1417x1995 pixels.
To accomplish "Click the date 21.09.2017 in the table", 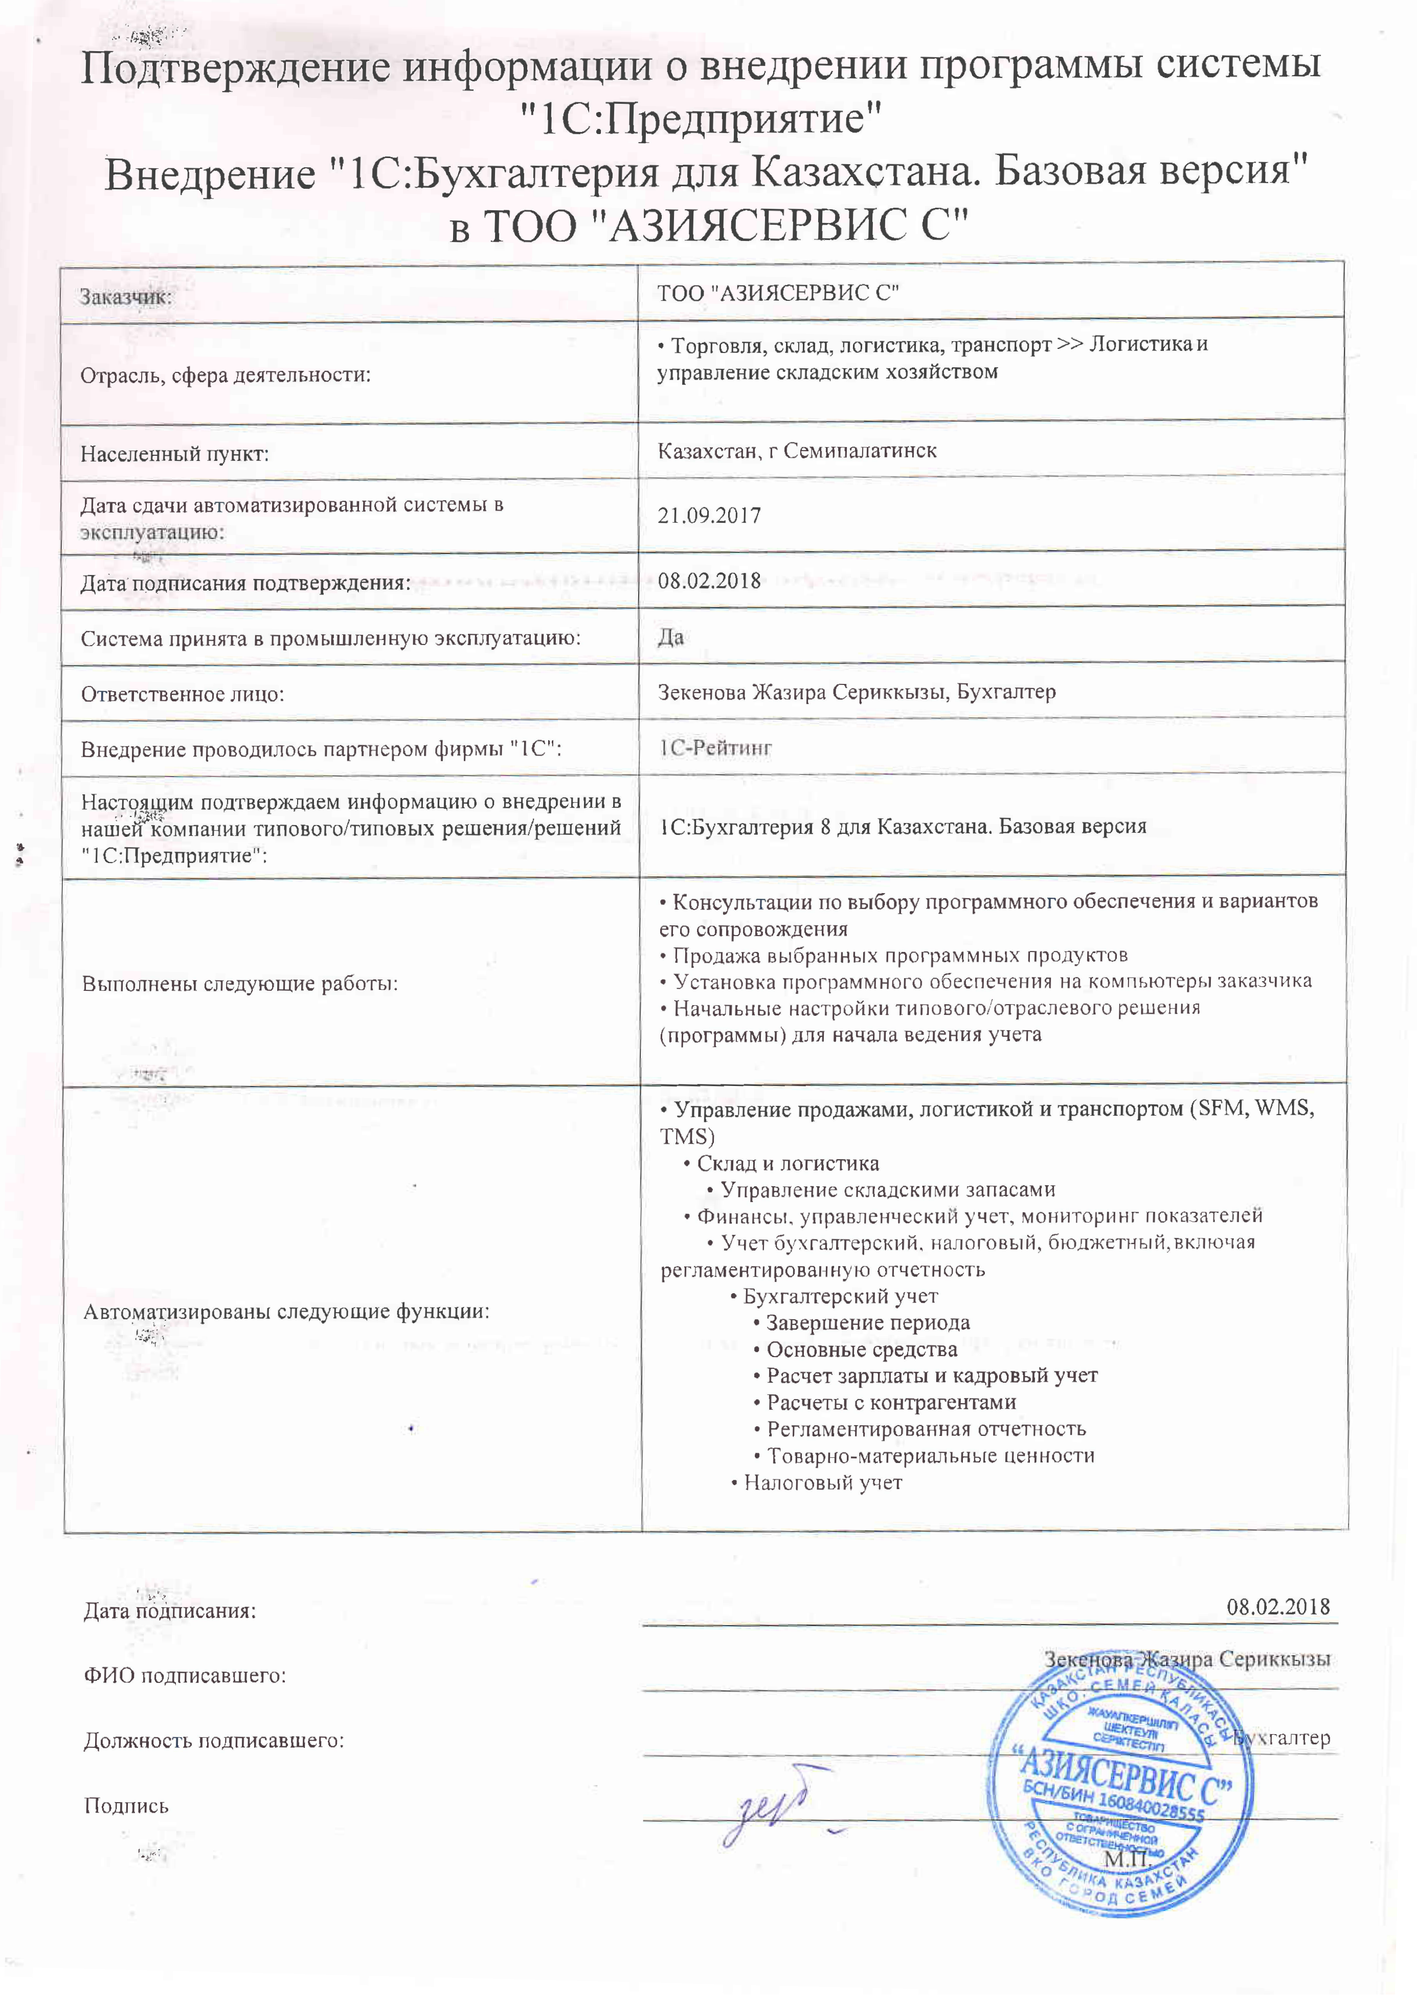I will tap(709, 515).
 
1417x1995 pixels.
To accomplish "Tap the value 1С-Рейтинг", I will tap(715, 748).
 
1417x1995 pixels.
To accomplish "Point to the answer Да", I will tap(671, 636).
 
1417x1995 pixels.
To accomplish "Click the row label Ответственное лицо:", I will tap(183, 695).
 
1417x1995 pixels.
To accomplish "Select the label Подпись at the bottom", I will tap(126, 1806).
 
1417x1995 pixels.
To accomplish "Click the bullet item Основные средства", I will tap(861, 1350).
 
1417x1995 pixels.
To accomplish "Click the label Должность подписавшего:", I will tap(214, 1741).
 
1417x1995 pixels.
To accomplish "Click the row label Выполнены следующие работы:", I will tap(240, 984).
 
